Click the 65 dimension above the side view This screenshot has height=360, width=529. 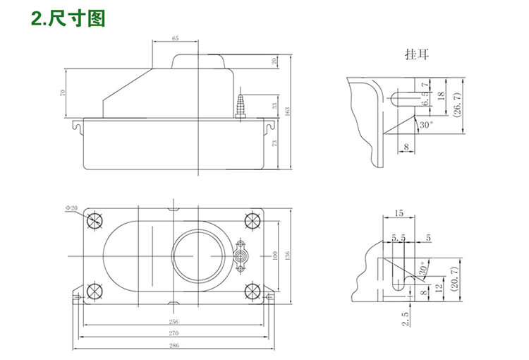175,37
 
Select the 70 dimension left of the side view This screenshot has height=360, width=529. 63,92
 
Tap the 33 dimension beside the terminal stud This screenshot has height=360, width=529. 274,106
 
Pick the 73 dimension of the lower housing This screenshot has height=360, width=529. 274,143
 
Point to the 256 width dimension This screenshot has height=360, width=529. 174,321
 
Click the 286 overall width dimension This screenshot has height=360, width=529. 174,345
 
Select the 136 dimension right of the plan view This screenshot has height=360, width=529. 287,256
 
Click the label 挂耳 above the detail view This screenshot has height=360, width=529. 416,54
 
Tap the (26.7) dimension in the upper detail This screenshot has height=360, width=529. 457,104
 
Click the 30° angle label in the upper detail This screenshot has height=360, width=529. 426,124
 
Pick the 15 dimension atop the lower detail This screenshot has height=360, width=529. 399,212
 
